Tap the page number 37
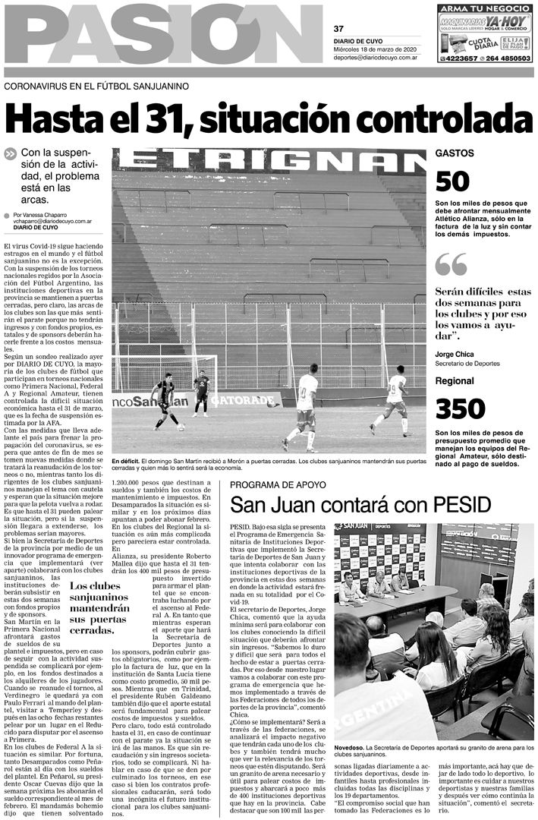(338, 29)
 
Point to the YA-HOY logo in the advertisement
(506, 22)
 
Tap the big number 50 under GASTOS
(452, 182)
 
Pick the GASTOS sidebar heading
(454, 153)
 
